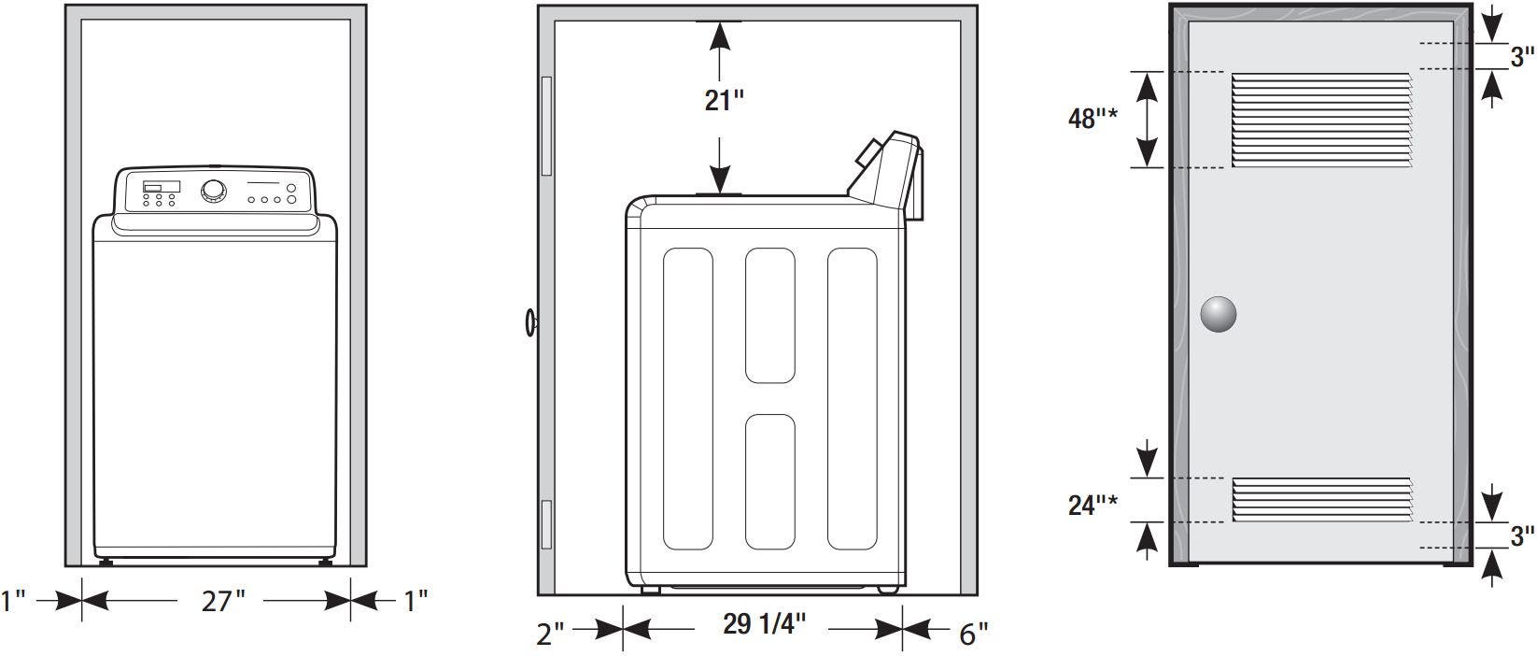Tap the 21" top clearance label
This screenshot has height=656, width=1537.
[724, 101]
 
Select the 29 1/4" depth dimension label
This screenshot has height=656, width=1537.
[764, 624]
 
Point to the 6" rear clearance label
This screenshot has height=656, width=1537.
[973, 634]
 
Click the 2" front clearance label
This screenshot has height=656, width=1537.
[550, 634]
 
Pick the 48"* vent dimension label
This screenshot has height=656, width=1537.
[1093, 119]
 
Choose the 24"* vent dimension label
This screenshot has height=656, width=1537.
[1093, 506]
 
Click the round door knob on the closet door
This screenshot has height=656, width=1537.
[1218, 315]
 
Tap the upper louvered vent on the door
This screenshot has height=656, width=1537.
[1321, 121]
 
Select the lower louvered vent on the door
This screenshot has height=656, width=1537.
[1321, 499]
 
